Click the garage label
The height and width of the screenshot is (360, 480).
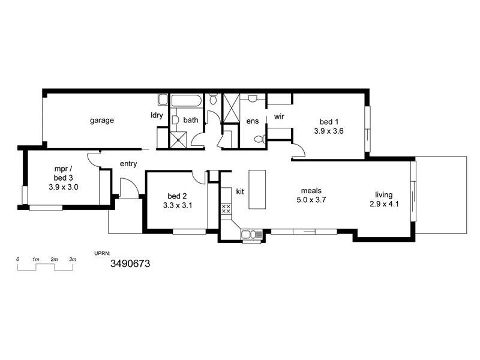click(102, 120)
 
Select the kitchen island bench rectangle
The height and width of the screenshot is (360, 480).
click(257, 189)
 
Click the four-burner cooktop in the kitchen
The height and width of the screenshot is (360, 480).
click(227, 209)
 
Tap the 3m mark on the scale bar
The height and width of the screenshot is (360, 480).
click(73, 259)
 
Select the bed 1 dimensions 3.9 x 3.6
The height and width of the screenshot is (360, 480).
click(328, 130)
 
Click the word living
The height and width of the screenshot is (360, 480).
click(384, 194)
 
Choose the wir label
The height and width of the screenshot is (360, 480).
click(279, 116)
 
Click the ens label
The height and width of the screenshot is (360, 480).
click(252, 121)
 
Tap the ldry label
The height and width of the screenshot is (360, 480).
click(157, 116)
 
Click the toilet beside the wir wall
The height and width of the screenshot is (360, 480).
click(259, 139)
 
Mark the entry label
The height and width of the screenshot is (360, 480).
click(129, 163)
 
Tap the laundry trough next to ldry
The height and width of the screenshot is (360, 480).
click(163, 100)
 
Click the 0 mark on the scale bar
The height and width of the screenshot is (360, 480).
click(18, 259)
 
